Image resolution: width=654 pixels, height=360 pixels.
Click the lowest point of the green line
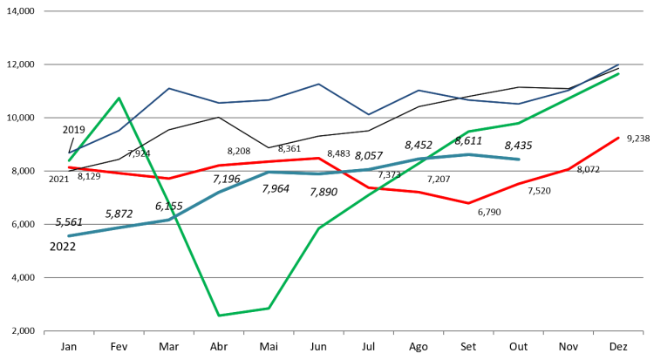click(218, 315)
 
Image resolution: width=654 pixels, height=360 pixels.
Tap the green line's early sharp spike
click(119, 98)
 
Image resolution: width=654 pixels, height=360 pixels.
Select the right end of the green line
click(619, 74)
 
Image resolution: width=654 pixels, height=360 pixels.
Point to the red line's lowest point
click(468, 203)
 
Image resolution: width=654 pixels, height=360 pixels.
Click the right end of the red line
click(619, 137)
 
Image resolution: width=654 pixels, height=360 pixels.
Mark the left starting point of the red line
click(69, 166)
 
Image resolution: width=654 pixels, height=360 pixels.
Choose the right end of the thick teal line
click(519, 160)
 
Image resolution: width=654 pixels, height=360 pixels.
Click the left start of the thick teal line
click(69, 235)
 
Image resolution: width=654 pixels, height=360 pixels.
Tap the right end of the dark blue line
click(619, 65)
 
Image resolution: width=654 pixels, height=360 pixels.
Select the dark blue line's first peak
click(168, 88)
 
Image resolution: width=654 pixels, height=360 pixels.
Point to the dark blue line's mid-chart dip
click(368, 114)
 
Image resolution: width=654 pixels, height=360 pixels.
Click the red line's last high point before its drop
click(319, 158)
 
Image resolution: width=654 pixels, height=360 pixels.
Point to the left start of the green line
click(69, 160)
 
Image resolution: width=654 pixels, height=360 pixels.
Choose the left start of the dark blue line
click(69, 153)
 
